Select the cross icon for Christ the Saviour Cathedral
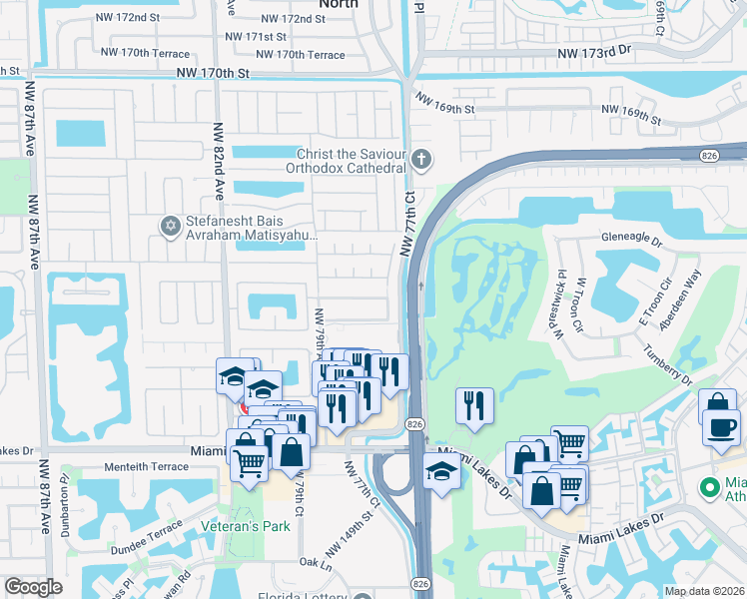[x=422, y=159]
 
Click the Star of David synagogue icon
[x=169, y=227]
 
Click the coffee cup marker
[x=720, y=428]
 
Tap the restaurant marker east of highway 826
[x=474, y=405]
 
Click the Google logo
[x=33, y=587]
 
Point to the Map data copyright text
[x=705, y=591]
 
